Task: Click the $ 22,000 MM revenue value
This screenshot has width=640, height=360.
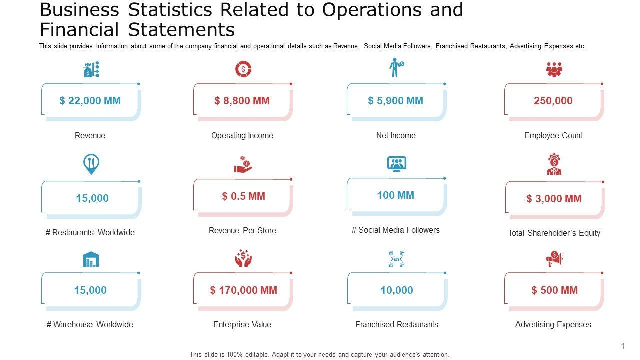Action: (x=90, y=101)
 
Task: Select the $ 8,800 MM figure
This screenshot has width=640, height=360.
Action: (x=242, y=101)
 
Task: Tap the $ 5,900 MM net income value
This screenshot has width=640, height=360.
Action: (x=395, y=101)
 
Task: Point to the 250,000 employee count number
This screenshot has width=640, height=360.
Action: (x=553, y=101)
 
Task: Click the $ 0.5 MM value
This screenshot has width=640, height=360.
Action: (x=243, y=196)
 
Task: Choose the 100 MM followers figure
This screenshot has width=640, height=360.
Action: (x=395, y=195)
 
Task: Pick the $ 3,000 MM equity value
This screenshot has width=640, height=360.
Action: (x=554, y=199)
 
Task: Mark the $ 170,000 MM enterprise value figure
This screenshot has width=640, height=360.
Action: (x=243, y=290)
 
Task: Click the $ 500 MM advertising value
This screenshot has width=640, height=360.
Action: (x=554, y=290)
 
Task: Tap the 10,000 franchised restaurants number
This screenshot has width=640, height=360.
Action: (x=397, y=290)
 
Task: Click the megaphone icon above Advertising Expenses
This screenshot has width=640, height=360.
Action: (x=554, y=259)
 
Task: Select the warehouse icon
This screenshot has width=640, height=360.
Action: (x=91, y=259)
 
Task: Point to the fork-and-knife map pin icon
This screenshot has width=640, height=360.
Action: (x=91, y=164)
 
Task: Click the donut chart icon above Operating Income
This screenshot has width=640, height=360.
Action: (x=243, y=70)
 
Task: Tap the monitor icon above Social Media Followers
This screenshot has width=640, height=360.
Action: (x=397, y=164)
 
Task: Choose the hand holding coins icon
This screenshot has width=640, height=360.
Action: (x=243, y=165)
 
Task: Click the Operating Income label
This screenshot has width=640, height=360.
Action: (x=242, y=135)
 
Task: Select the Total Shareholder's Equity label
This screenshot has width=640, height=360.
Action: (x=554, y=233)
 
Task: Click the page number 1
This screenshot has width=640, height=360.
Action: (x=623, y=346)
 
